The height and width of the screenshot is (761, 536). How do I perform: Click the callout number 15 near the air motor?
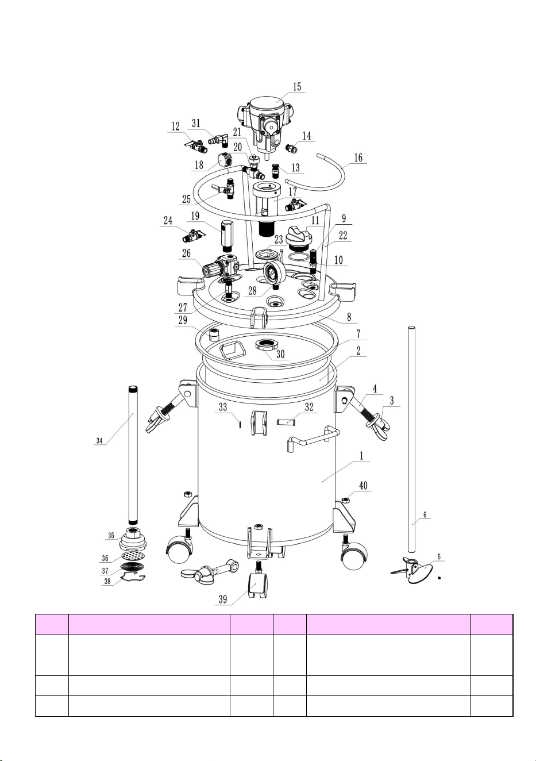[297, 86]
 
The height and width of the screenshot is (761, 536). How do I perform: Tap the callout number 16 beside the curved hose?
[358, 157]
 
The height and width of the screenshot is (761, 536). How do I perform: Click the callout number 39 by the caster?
[223, 599]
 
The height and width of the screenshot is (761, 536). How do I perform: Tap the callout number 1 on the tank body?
[362, 456]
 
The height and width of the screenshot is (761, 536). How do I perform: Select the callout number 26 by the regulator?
[186, 253]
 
